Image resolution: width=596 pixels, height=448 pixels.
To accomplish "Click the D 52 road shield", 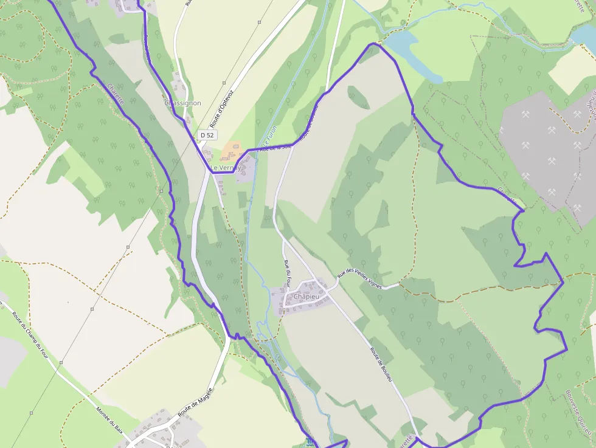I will pyautogui.click(x=207, y=134).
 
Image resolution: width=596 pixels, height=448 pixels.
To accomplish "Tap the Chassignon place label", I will pyautogui.click(x=183, y=103).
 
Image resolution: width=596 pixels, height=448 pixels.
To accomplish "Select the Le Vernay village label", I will pyautogui.click(x=225, y=167).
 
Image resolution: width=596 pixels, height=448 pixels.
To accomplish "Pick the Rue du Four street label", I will pyautogui.click(x=288, y=271).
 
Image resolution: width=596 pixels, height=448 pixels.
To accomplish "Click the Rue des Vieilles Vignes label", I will pyautogui.click(x=361, y=279).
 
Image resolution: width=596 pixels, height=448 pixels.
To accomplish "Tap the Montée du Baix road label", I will pyautogui.click(x=110, y=419).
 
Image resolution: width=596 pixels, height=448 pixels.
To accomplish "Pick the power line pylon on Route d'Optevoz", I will pyautogui.click(x=224, y=83).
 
